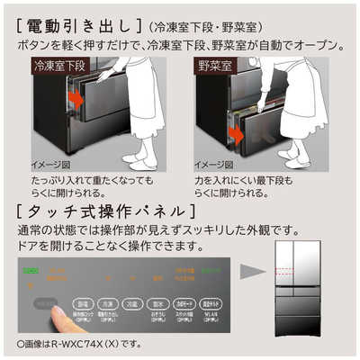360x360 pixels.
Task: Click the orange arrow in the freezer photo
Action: click(76, 100)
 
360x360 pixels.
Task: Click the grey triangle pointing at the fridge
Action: click(255, 271)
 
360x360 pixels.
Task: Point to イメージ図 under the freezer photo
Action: click(48, 165)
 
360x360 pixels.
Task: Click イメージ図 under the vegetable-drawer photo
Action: click(211, 165)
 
